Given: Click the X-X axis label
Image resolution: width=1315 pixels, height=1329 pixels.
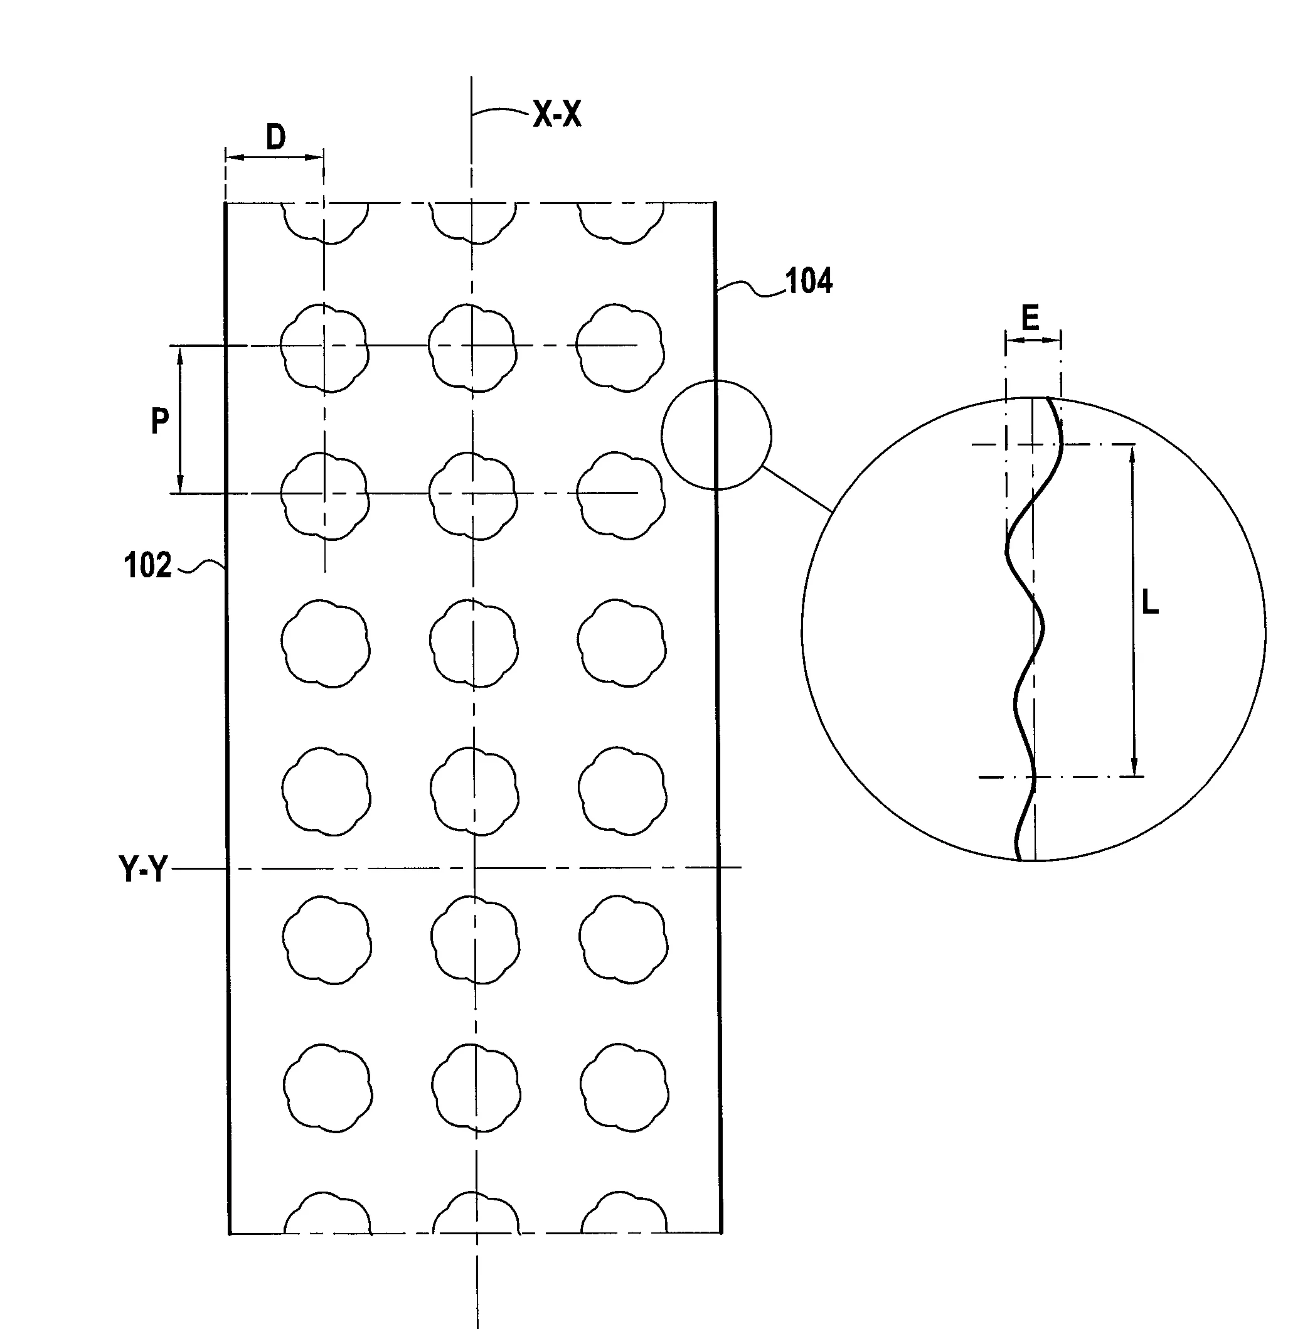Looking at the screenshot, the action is point(557,115).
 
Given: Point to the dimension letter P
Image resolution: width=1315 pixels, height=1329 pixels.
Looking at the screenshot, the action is point(159,420).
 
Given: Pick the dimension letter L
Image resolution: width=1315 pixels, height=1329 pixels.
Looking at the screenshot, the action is point(1150,603).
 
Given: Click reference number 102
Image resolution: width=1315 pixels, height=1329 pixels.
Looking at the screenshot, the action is point(148,565).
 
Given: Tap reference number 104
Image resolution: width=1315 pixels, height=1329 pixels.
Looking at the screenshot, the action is point(809,280).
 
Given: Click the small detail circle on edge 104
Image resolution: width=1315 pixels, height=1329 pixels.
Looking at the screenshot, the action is point(663,435).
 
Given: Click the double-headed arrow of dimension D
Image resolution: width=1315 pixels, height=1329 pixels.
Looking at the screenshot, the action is point(274,157).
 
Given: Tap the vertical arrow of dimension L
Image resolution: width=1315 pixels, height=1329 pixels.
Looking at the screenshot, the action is point(1134,611).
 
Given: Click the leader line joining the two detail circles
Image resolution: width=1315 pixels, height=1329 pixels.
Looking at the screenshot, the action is point(798,488).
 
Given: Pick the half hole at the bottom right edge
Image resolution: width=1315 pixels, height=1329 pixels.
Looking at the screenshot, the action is point(624,1212).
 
